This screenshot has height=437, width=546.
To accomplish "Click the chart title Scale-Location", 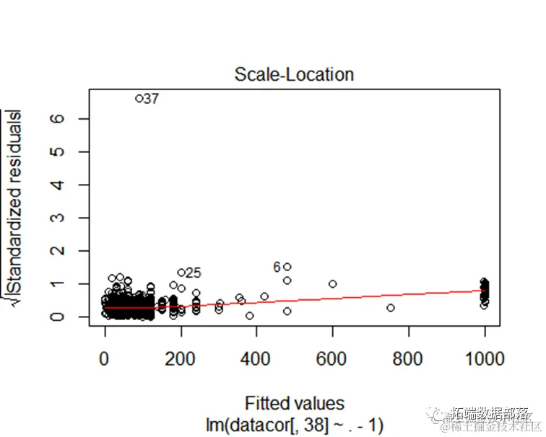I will (x=294, y=74).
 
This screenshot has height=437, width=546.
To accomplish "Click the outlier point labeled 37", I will (x=139, y=98).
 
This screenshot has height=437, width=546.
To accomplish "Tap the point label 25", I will (x=193, y=273).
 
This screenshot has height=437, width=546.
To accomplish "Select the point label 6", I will (x=277, y=267).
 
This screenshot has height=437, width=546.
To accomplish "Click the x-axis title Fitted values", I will (x=294, y=403).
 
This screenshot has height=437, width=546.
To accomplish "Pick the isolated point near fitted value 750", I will (x=391, y=308).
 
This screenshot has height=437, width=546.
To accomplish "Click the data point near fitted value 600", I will (x=333, y=284).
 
